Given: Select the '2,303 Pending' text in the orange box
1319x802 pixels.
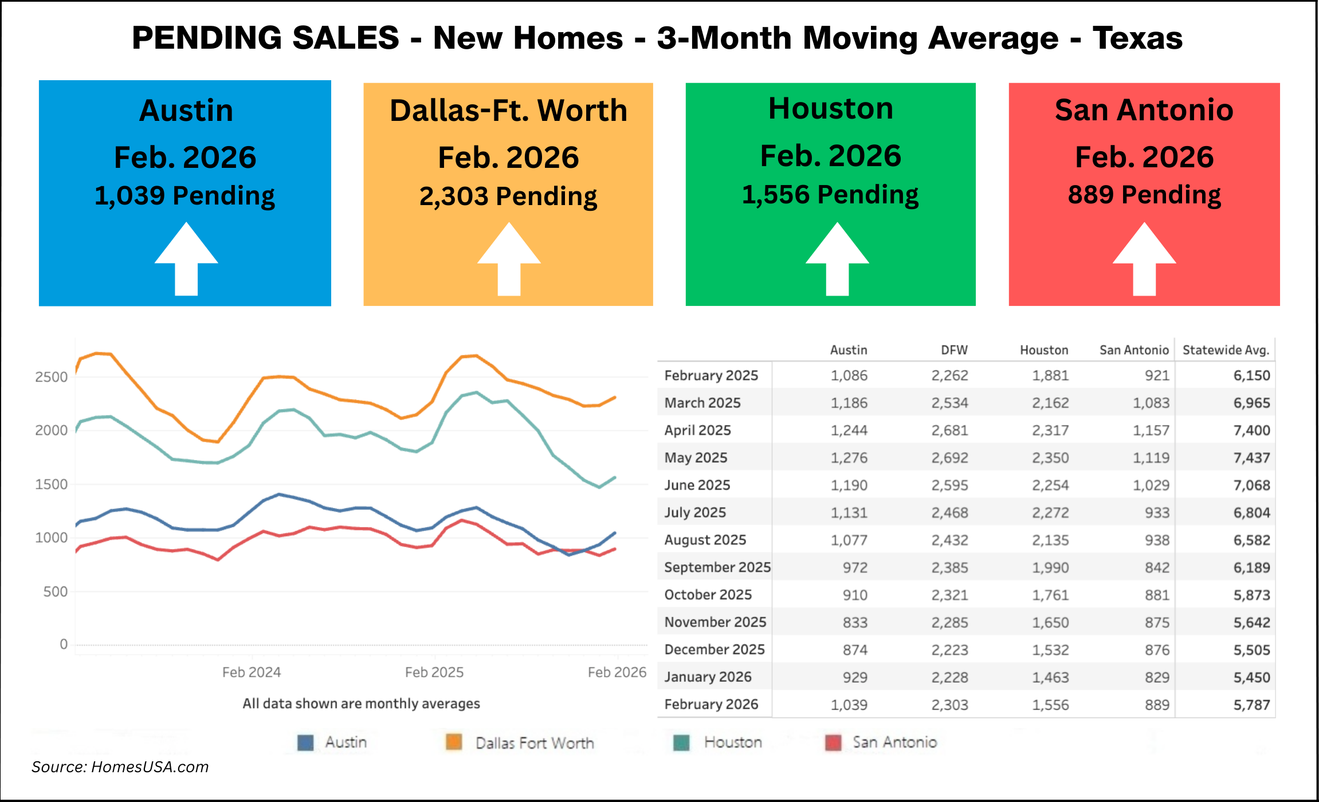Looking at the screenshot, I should [508, 196].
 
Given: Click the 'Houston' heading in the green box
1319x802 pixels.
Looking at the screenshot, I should [831, 108].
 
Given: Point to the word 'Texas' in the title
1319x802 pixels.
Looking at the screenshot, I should [1137, 38].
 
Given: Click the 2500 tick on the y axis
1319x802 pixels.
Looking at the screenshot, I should [52, 377].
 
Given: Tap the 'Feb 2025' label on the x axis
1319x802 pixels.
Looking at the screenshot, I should [434, 672].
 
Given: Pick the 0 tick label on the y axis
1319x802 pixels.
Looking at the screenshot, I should [64, 644].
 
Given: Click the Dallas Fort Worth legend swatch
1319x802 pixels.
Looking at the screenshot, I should [454, 742].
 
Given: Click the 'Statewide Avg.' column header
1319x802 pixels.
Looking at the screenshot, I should [1226, 350].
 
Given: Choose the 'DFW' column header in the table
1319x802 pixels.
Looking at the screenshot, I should [954, 350].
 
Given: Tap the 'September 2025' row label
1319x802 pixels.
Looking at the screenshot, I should [717, 567].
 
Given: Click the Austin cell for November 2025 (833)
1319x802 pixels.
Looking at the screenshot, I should [855, 622].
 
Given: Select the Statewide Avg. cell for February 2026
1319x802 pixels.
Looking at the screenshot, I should [1251, 705].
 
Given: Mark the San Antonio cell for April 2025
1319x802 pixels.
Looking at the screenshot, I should [1151, 430].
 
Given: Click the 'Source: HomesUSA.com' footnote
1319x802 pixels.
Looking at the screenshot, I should [120, 767].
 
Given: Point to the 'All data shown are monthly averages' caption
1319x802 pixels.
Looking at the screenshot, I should [361, 703].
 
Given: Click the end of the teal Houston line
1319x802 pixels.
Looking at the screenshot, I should [615, 477].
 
